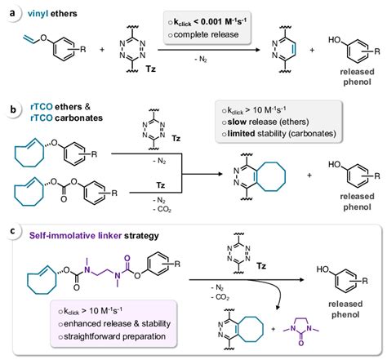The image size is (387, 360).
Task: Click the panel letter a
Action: pyautogui.click(x=11, y=11)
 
